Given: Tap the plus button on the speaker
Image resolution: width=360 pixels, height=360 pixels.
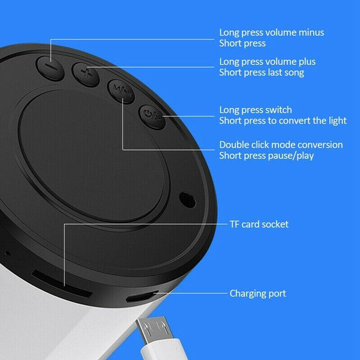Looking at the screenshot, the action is click(x=86, y=74).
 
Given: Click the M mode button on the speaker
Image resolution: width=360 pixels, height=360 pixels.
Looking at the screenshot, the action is click(x=121, y=92).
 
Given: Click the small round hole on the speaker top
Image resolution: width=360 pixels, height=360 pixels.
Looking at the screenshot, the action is click(x=187, y=200).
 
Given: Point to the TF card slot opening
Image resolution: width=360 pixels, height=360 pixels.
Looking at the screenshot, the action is click(x=62, y=284).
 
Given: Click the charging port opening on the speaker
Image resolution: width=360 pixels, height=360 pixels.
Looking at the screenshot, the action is click(x=142, y=296).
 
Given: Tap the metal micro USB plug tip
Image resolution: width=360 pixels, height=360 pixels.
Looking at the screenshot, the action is click(x=153, y=329).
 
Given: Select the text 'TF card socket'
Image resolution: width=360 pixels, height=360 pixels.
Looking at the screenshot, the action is click(x=259, y=224).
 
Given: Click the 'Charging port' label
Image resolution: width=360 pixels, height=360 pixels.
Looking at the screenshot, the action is click(x=258, y=293).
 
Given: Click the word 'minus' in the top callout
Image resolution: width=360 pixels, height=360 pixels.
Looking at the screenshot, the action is click(x=311, y=32).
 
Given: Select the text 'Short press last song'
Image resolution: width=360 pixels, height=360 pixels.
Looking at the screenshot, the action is click(x=262, y=73).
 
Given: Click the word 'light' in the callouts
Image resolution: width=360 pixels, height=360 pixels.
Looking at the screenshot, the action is click(x=338, y=121).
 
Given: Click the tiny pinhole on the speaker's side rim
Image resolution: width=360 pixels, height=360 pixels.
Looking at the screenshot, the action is click(x=8, y=254).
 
